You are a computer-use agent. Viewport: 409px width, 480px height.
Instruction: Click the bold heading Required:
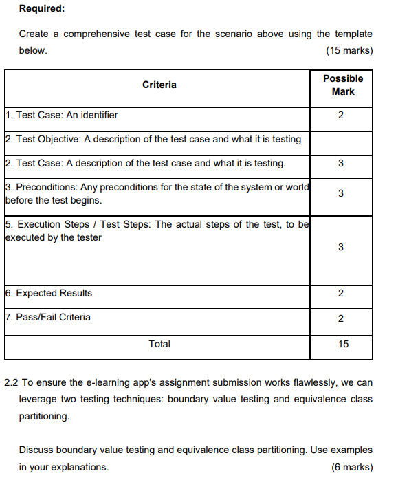coord(41,9)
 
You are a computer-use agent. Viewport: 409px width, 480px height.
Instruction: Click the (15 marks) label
coord(350,51)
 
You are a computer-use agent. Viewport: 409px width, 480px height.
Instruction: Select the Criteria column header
coord(159,85)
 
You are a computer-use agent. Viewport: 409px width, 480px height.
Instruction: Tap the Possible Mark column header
coord(342,85)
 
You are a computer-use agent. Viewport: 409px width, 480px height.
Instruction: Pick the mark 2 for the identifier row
coord(342,115)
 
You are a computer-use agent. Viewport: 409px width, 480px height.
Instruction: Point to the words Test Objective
coord(45,139)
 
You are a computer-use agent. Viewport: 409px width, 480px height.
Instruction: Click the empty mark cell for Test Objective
coord(342,139)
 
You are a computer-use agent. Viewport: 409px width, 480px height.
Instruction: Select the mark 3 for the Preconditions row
coord(342,194)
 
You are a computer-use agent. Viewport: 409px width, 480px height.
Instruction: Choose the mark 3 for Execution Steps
coord(342,247)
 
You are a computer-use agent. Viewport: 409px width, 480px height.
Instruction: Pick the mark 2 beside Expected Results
coord(342,294)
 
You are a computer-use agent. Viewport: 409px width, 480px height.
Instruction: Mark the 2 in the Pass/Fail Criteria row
coord(342,318)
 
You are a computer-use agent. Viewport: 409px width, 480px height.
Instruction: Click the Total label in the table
coord(159,344)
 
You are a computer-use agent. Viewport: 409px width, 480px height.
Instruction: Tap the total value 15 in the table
coord(343,344)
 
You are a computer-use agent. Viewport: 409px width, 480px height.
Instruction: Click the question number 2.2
coord(11,382)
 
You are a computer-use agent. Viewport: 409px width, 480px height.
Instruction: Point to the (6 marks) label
coord(352,467)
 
